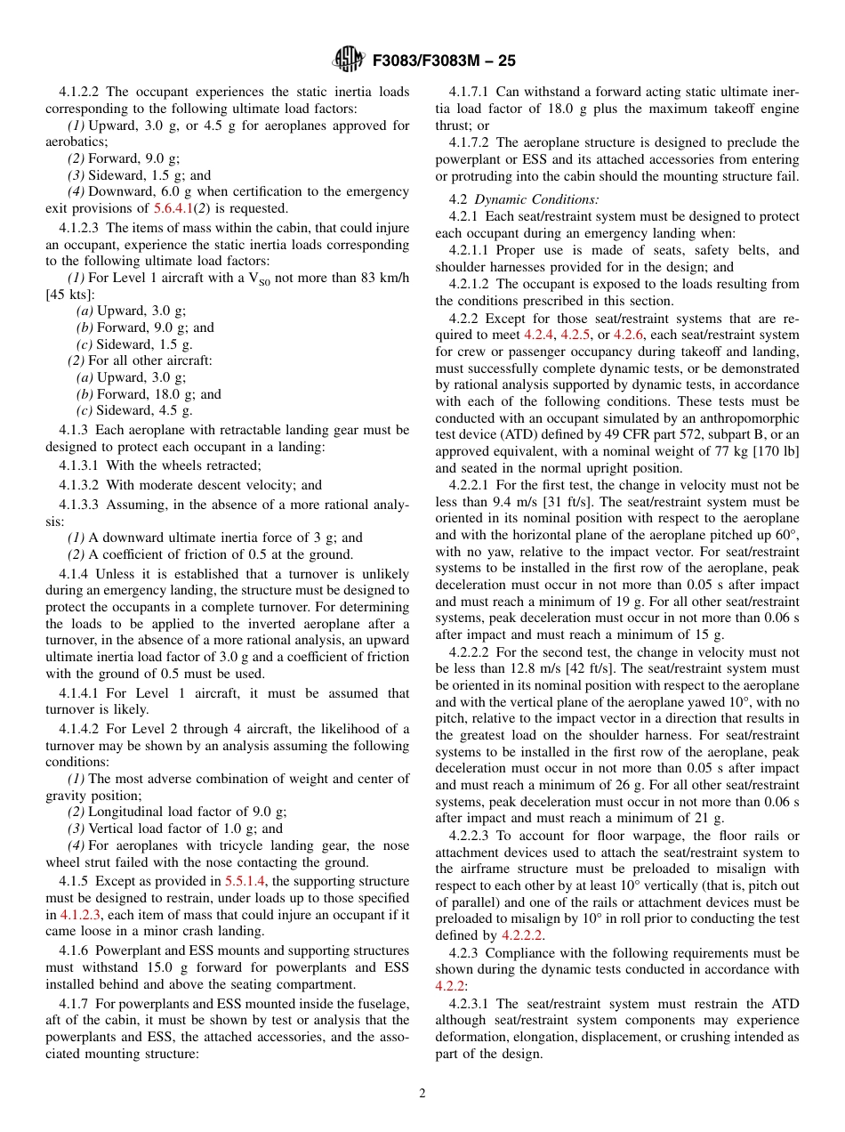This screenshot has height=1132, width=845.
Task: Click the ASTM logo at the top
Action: coord(348,60)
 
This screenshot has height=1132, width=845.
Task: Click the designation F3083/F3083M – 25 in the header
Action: coord(444,61)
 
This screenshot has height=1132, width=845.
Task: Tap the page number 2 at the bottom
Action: coord(422,1094)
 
